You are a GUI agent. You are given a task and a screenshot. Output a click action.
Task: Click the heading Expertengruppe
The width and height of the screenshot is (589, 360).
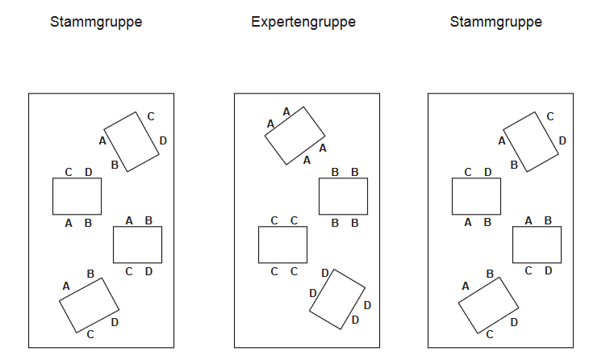pyautogui.click(x=303, y=22)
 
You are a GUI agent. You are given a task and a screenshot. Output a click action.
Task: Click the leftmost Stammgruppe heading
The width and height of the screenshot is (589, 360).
pyautogui.click(x=96, y=22)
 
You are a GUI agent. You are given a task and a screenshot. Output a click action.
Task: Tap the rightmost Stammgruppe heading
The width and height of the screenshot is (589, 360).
pyautogui.click(x=495, y=22)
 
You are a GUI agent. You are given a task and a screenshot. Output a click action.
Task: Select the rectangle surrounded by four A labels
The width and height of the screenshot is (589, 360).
pyautogui.click(x=295, y=136)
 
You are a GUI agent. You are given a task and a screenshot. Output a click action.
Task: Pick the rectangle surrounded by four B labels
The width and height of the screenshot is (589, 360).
pyautogui.click(x=343, y=196)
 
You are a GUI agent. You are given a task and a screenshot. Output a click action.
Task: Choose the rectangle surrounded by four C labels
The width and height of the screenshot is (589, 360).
pyautogui.click(x=282, y=245)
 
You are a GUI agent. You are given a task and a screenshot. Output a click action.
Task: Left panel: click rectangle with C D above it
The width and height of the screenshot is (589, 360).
pyautogui.click(x=77, y=196)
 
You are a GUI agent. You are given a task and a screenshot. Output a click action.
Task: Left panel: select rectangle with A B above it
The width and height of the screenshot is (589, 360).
pyautogui.click(x=137, y=245)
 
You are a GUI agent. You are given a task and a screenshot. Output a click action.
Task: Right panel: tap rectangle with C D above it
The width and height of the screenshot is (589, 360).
pyautogui.click(x=476, y=196)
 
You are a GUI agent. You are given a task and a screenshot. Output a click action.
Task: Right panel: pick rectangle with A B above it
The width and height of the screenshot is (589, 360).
pyautogui.click(x=537, y=245)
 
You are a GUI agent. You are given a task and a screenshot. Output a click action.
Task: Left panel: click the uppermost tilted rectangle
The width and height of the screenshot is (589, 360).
pyautogui.click(x=131, y=141)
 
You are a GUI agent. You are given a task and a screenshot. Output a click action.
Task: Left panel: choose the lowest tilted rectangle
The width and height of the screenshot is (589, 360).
pyautogui.click(x=89, y=305)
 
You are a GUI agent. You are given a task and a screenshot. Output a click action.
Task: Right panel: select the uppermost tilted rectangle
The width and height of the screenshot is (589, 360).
pyautogui.click(x=530, y=141)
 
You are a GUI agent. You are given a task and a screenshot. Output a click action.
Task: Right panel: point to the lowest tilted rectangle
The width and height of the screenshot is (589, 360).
pyautogui.click(x=488, y=305)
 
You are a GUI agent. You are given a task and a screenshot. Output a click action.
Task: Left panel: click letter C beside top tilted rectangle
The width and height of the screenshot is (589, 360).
pyautogui.click(x=150, y=116)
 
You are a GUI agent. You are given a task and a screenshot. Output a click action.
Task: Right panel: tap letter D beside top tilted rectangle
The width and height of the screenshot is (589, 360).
pyautogui.click(x=562, y=140)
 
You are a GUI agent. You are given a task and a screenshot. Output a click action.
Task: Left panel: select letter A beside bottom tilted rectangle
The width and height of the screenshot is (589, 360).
pyautogui.click(x=66, y=286)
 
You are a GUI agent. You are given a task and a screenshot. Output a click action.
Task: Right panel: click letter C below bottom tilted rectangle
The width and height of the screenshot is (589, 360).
pyautogui.click(x=490, y=334)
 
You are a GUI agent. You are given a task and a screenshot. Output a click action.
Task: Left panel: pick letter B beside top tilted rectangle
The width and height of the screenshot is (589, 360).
pyautogui.click(x=115, y=165)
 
